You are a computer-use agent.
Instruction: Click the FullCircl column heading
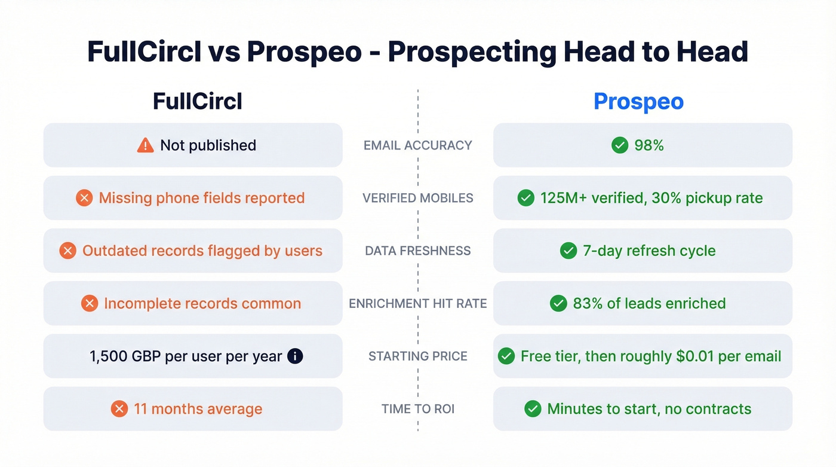198,101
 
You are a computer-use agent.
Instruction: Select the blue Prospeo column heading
638,101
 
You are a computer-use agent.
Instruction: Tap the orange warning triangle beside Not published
145,145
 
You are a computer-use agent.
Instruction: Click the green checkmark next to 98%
620,145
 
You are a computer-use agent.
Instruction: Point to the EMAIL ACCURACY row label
418,145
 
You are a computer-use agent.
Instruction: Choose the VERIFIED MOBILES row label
418,198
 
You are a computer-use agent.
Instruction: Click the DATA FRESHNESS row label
418,251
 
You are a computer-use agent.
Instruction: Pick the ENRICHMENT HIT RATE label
418,303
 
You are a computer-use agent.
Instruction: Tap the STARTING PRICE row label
418,356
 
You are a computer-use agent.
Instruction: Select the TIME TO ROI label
418,409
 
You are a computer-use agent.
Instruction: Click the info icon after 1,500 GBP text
295,356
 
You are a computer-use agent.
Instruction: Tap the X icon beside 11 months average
119,409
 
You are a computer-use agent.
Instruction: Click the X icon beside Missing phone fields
84,198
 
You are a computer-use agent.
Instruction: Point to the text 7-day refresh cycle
649,251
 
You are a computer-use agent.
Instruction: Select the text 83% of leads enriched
649,303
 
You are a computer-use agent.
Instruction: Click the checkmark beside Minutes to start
533,409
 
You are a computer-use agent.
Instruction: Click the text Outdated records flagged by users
202,251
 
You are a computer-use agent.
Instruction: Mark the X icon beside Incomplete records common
90,303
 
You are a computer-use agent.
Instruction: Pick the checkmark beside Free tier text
506,356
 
